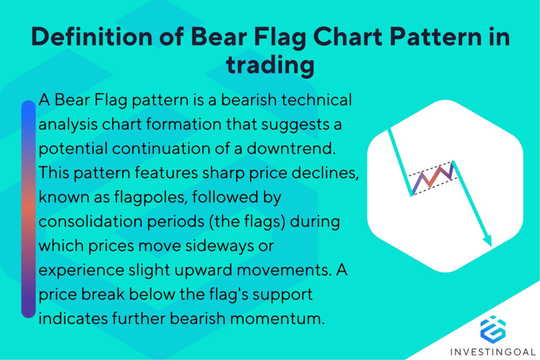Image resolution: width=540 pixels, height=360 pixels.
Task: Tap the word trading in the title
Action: (x=270, y=66)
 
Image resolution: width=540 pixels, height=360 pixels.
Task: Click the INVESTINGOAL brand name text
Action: (x=493, y=351)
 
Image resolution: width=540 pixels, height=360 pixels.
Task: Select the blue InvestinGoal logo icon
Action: (x=493, y=328)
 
